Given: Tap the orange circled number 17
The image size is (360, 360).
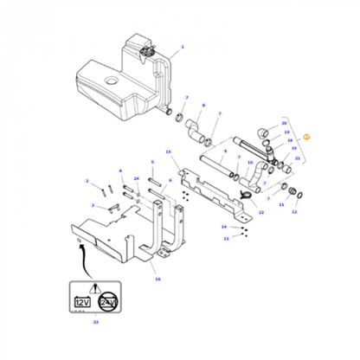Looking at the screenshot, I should (x=305, y=137).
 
